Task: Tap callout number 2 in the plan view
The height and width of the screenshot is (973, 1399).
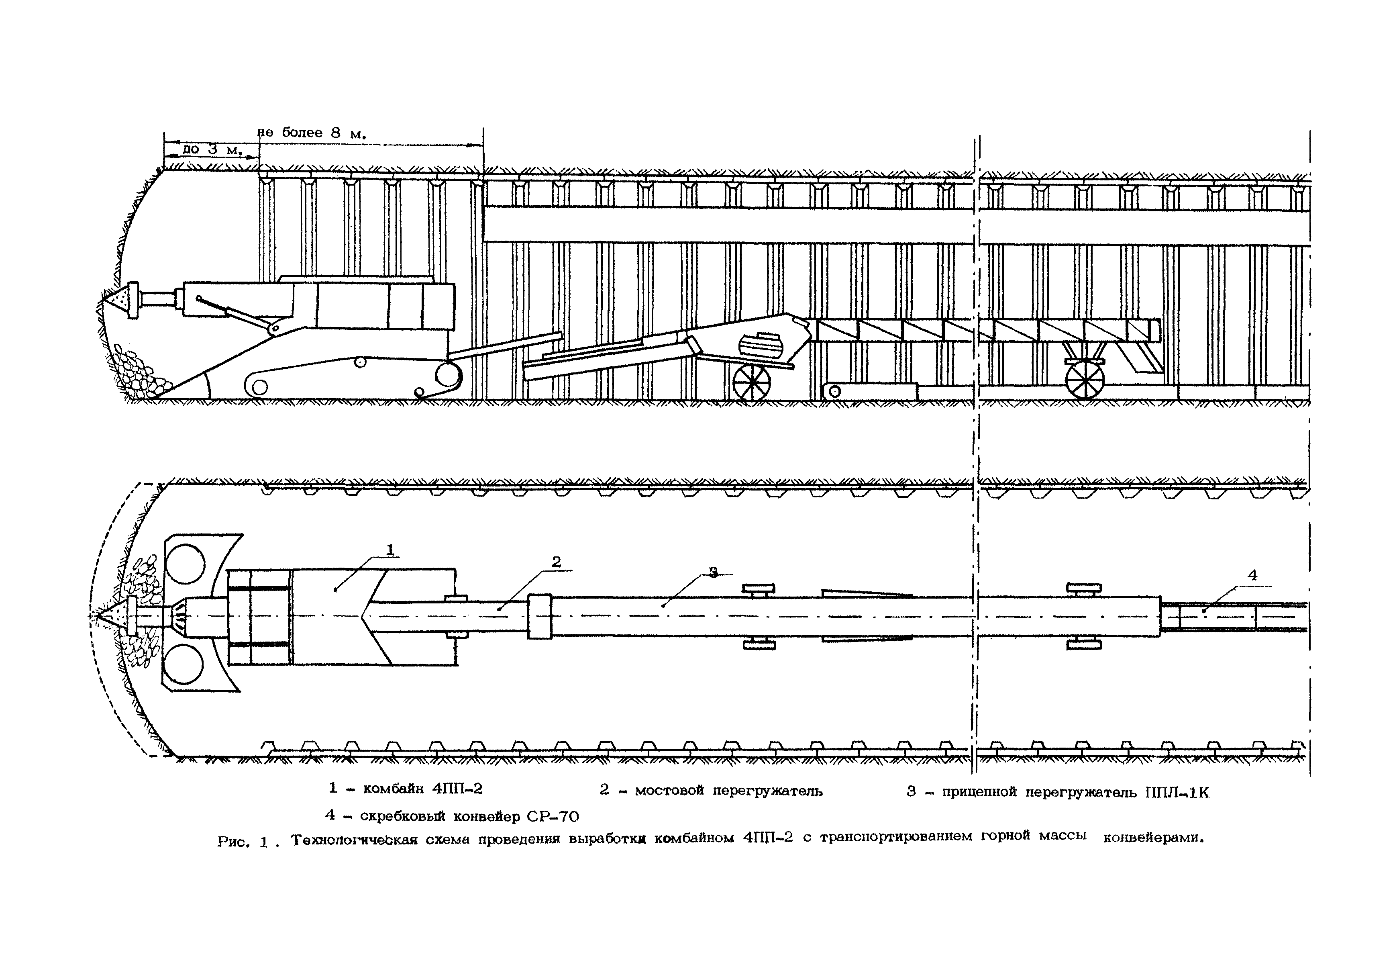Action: [556, 562]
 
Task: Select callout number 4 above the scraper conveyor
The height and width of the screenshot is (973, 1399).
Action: [1252, 574]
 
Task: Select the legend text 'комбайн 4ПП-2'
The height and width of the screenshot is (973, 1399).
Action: [422, 789]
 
